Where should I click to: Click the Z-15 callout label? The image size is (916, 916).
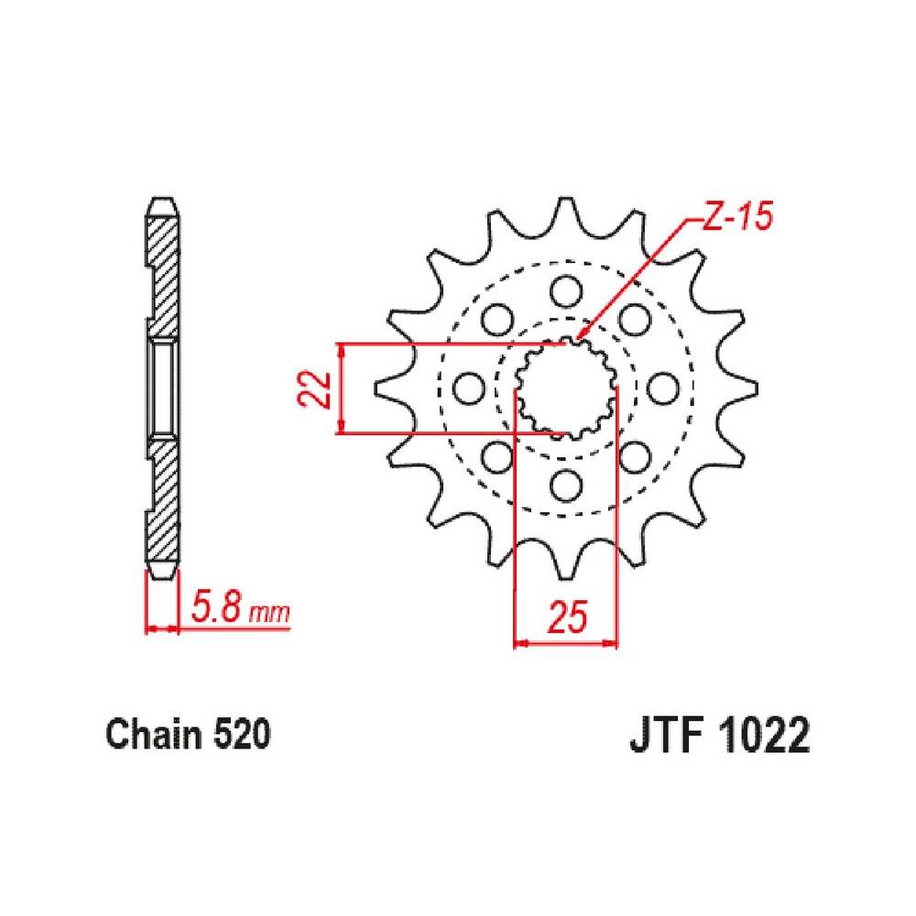(737, 216)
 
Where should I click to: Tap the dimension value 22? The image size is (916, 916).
(313, 388)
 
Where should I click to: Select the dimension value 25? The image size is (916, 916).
(567, 617)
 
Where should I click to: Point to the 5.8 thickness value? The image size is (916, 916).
(215, 609)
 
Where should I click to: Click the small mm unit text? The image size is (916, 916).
(269, 614)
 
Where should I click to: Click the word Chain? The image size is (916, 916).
(155, 734)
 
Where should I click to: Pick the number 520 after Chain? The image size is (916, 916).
(242, 735)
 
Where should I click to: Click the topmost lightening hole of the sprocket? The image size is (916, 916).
(566, 291)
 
